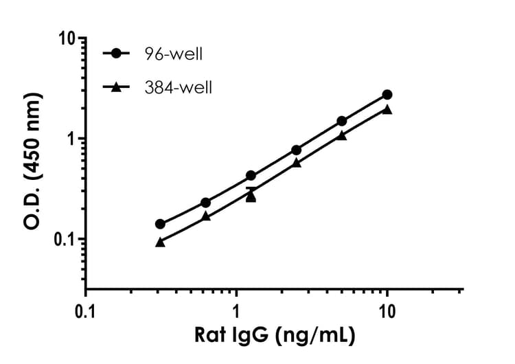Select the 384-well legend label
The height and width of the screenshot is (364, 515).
click(x=177, y=87)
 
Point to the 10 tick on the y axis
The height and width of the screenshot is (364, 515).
click(x=66, y=38)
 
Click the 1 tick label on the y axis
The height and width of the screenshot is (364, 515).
click(x=71, y=138)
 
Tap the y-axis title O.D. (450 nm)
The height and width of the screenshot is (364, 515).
click(x=31, y=163)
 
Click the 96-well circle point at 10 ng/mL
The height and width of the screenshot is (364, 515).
click(x=387, y=94)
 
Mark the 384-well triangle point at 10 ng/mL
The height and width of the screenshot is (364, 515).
click(x=387, y=109)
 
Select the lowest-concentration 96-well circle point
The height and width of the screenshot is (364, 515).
click(x=160, y=224)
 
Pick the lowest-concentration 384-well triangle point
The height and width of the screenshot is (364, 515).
click(x=160, y=242)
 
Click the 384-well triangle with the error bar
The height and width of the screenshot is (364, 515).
click(x=251, y=196)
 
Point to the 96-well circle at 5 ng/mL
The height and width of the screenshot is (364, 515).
click(x=342, y=121)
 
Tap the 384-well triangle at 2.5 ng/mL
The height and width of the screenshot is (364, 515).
click(x=296, y=163)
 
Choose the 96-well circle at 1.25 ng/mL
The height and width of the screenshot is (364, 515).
click(x=251, y=176)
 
